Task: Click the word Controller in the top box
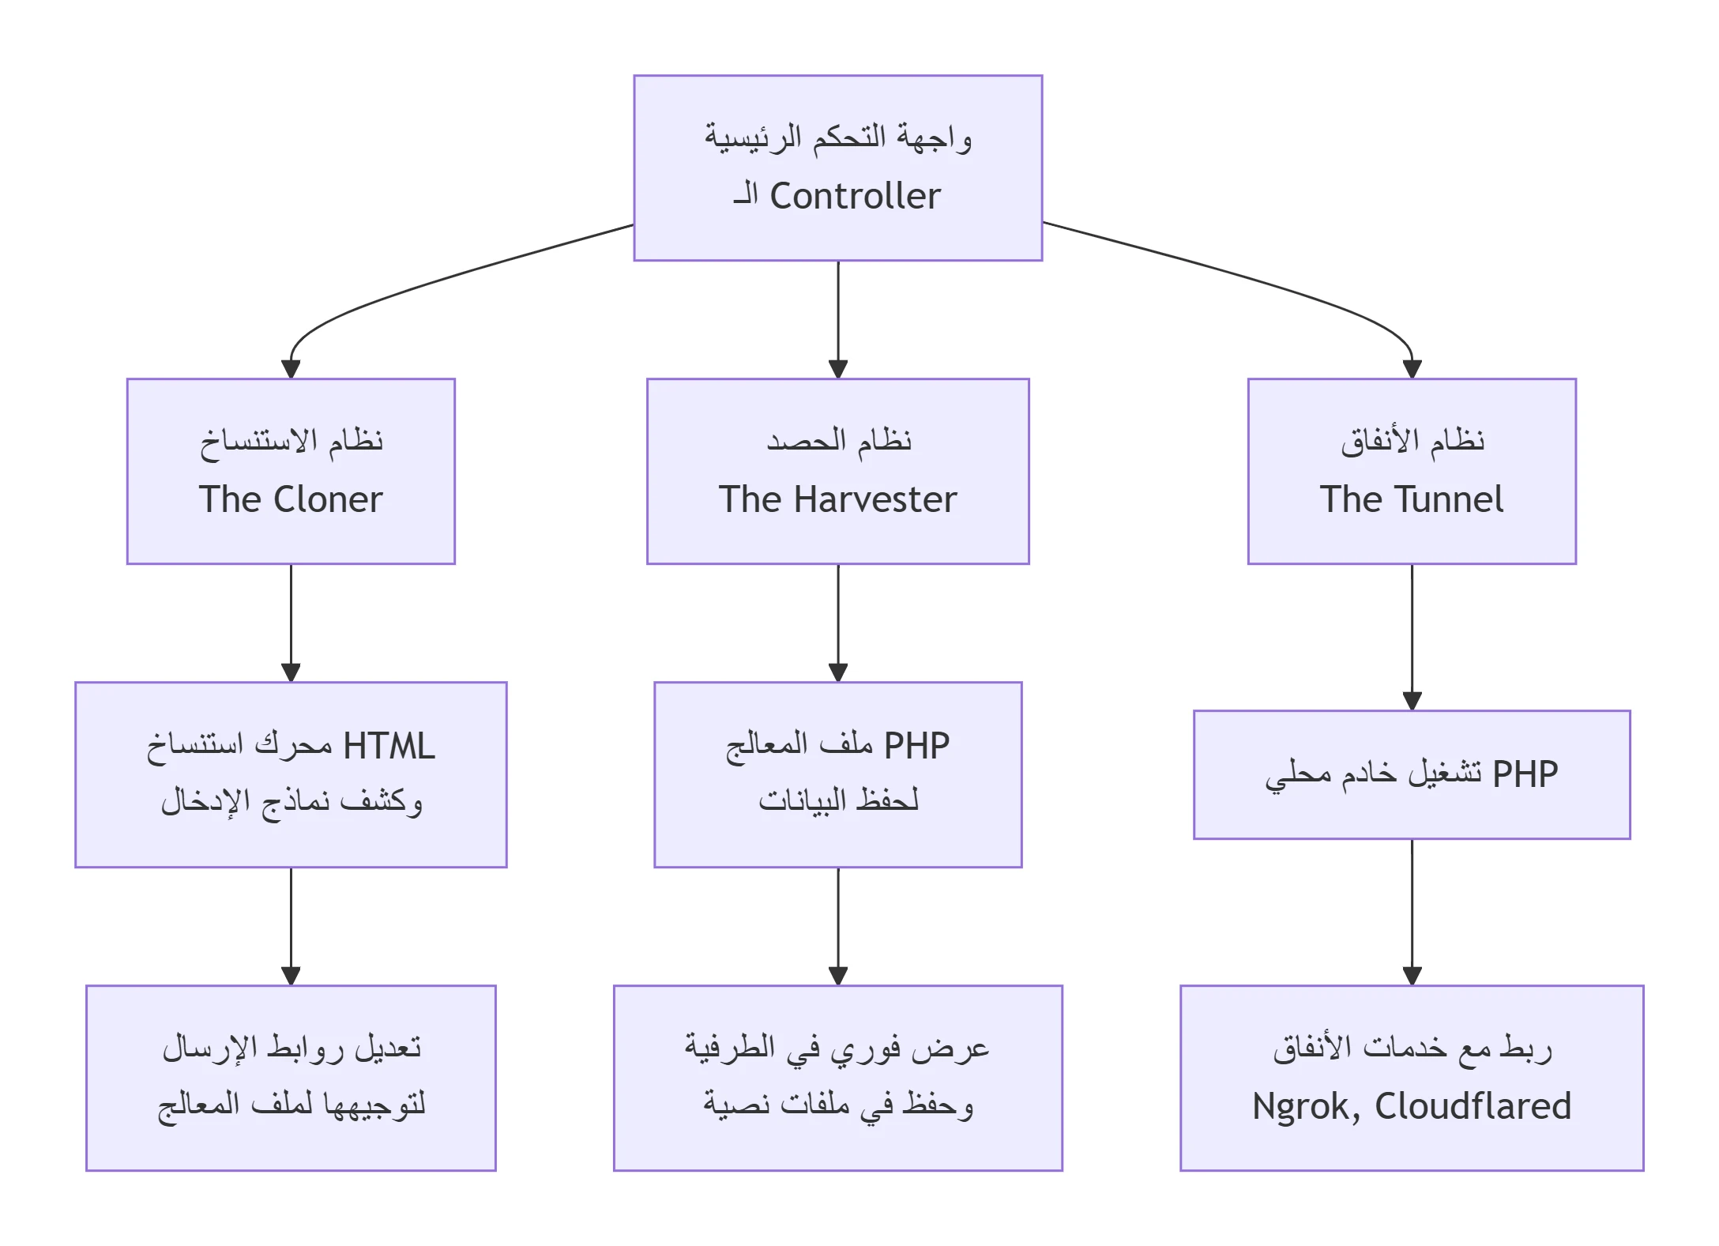(855, 196)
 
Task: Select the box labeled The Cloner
(291, 471)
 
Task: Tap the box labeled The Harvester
(837, 471)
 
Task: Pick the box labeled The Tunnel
(1412, 471)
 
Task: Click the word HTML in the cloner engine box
(389, 746)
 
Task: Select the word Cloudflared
(1473, 1106)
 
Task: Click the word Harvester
(875, 499)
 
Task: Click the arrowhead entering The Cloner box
(291, 369)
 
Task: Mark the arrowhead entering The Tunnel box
(1412, 369)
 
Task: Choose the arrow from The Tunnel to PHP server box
(1412, 632)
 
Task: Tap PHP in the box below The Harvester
(916, 745)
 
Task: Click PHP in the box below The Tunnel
(1525, 774)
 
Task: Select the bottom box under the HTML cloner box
(291, 1078)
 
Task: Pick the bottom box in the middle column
(837, 1078)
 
